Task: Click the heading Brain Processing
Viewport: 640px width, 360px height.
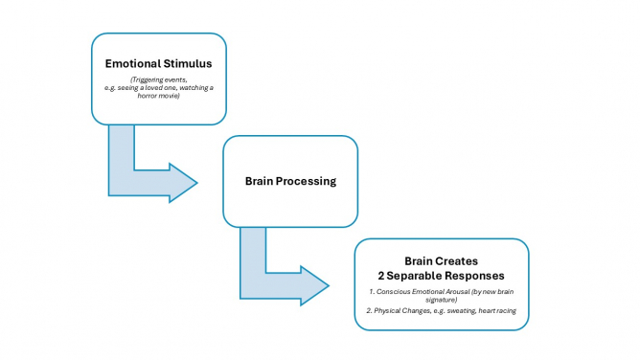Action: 290,181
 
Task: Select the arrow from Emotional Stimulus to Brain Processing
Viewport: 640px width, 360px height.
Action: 144,172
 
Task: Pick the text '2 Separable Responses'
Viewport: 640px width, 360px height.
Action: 442,274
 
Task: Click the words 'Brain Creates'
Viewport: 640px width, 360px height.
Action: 442,260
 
